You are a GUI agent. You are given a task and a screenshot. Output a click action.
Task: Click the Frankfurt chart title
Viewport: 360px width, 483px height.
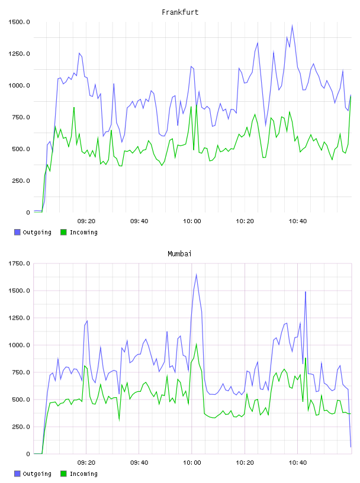pos(180,12)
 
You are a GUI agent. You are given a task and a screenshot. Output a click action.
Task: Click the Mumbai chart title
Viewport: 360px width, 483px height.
pos(179,254)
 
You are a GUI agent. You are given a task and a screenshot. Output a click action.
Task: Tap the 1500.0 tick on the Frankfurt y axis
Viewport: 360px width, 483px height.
pos(19,22)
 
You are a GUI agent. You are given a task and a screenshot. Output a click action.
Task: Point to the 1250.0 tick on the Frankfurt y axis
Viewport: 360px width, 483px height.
pos(19,54)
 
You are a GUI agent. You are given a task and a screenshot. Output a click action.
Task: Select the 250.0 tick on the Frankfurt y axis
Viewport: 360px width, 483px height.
pos(21,181)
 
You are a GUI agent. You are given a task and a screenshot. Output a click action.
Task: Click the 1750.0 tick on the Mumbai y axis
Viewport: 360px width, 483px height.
pos(19,263)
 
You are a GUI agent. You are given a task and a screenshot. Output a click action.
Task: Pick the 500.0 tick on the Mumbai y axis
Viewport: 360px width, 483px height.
pos(21,400)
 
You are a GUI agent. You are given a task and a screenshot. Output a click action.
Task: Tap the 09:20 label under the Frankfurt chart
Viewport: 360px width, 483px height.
pos(86,221)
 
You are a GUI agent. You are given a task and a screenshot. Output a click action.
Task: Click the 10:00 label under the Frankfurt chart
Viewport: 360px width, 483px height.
pos(192,221)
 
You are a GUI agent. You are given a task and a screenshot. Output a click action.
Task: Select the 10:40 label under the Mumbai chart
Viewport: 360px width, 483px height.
pos(298,462)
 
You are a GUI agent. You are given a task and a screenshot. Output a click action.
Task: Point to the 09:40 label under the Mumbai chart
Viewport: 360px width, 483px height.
pos(139,462)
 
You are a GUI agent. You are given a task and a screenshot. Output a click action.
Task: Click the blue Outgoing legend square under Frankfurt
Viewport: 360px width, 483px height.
pos(17,232)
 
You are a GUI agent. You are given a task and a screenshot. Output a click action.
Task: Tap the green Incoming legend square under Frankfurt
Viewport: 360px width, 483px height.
pos(63,232)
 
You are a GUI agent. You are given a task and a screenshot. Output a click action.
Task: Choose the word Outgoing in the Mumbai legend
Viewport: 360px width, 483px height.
pos(37,474)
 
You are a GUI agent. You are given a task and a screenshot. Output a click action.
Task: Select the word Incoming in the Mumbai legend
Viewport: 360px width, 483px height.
pos(83,474)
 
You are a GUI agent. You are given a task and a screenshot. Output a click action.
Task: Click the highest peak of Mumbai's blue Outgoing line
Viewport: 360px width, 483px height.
pos(197,274)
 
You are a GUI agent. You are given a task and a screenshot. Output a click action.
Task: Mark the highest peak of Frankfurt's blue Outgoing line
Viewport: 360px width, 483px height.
pos(292,25)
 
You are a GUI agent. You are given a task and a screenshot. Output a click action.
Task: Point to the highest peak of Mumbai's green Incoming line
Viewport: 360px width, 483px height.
pos(197,344)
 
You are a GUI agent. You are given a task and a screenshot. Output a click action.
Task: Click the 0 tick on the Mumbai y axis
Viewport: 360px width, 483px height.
pos(28,454)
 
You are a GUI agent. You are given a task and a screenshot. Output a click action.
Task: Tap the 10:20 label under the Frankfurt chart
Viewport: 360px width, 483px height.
pos(245,221)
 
